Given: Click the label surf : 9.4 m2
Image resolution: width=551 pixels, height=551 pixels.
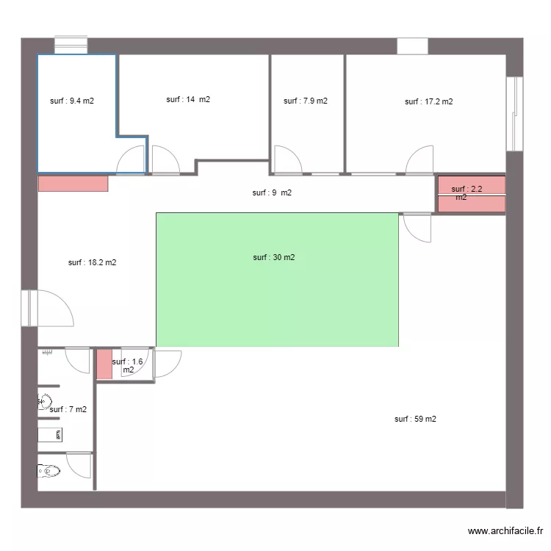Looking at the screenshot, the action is pyautogui.click(x=72, y=101).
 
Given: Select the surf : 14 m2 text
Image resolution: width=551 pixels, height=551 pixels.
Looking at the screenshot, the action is pyautogui.click(x=188, y=99).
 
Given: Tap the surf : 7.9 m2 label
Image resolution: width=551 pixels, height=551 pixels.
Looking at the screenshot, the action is pyautogui.click(x=306, y=101).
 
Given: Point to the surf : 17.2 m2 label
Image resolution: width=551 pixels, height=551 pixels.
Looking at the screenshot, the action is pyautogui.click(x=429, y=101).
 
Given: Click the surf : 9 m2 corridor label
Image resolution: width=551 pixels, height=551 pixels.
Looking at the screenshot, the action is pyautogui.click(x=272, y=192).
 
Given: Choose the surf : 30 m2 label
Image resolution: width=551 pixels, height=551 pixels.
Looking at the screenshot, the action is pyautogui.click(x=274, y=257).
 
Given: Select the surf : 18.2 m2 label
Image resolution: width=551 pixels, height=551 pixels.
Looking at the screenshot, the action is pyautogui.click(x=92, y=262).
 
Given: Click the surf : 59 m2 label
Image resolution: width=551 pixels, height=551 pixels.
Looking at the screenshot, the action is pyautogui.click(x=415, y=419).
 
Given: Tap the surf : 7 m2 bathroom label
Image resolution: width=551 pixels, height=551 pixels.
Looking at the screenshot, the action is pyautogui.click(x=68, y=409).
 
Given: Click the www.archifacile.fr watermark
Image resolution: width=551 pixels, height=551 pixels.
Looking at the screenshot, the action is pyautogui.click(x=505, y=530).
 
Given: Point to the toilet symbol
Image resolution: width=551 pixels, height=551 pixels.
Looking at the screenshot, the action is pyautogui.click(x=48, y=470).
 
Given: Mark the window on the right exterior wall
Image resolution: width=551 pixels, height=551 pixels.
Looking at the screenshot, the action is pyautogui.click(x=514, y=114).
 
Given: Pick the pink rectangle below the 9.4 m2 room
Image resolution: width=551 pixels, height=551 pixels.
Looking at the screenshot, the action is pyautogui.click(x=73, y=184).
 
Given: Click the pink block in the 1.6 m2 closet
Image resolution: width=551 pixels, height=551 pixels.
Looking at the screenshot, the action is pyautogui.click(x=104, y=364).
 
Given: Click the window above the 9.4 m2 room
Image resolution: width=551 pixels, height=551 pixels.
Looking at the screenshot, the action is pyautogui.click(x=71, y=46).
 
